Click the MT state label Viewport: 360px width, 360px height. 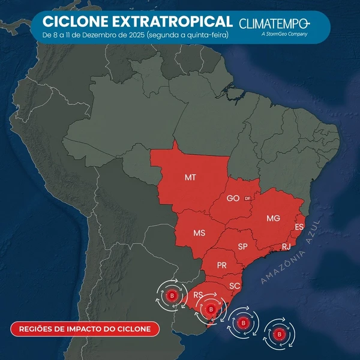click(x=190, y=177)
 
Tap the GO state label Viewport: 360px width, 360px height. click(x=233, y=198)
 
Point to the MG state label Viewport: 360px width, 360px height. click(x=273, y=218)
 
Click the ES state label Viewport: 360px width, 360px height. click(x=299, y=227)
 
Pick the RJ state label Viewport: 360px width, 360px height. click(x=286, y=247)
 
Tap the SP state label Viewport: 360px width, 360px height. click(x=243, y=246)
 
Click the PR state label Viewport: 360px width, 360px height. click(x=221, y=265)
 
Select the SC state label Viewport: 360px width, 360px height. click(x=235, y=286)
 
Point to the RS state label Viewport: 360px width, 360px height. click(x=198, y=295)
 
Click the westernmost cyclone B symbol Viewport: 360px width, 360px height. click(x=172, y=295)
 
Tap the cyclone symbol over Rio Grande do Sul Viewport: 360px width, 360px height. click(x=210, y=310)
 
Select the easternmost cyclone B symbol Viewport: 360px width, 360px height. click(x=278, y=334)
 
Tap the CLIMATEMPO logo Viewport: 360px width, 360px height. click(x=274, y=25)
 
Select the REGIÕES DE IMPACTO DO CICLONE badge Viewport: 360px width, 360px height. click(x=85, y=328)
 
